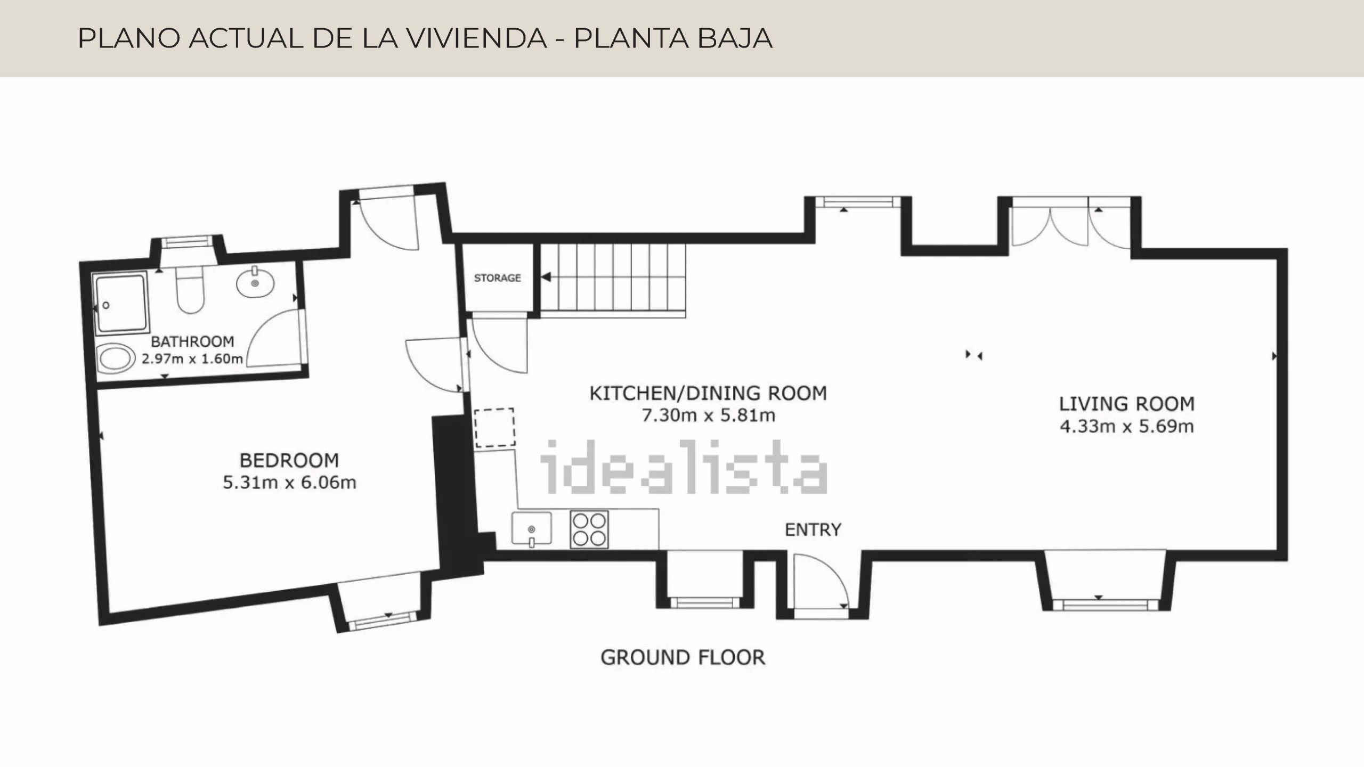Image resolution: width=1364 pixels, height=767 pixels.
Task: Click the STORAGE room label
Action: [497, 278]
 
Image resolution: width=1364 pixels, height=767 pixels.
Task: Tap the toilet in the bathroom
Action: [190, 291]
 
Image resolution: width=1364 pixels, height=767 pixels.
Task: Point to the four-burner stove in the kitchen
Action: [589, 529]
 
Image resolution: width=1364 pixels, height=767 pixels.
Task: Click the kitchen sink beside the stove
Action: [532, 529]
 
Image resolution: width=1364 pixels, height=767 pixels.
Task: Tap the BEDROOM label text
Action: [289, 460]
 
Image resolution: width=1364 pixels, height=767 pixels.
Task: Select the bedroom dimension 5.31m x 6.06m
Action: [289, 483]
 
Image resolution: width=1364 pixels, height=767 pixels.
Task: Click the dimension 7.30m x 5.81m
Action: [708, 415]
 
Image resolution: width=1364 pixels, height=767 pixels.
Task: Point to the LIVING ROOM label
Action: [1127, 404]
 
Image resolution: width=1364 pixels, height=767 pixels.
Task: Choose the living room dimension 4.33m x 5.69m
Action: [1127, 427]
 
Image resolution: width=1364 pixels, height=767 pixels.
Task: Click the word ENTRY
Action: [813, 529]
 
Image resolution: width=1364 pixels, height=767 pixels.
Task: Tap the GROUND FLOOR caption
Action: [683, 658]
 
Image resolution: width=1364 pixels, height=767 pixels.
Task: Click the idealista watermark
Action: [684, 467]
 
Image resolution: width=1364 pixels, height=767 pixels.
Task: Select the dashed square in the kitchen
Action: [495, 427]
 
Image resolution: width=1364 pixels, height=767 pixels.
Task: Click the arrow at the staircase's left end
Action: [546, 278]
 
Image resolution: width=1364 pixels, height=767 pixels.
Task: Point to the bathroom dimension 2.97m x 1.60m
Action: [192, 359]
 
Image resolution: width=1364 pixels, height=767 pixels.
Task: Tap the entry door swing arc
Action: [830, 570]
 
